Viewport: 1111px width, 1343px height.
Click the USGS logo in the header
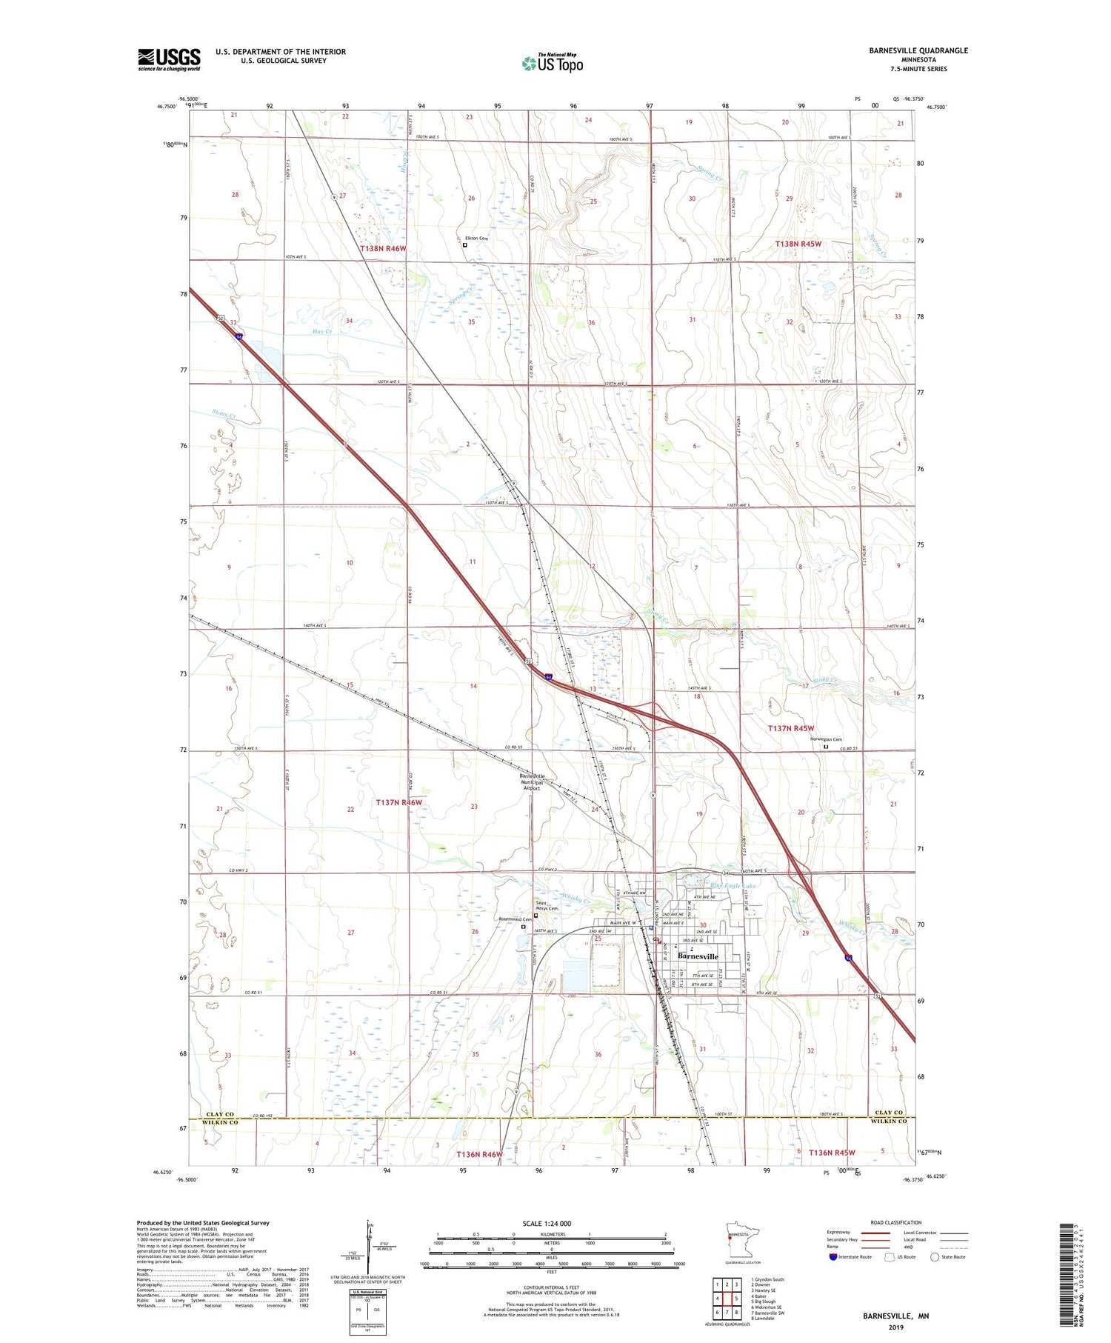tap(169, 59)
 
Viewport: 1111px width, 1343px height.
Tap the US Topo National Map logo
tap(552, 63)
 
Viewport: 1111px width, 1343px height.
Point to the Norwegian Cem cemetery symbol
tap(827, 747)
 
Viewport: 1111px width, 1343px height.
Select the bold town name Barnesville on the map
tap(698, 956)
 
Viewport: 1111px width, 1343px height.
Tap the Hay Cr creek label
tap(323, 332)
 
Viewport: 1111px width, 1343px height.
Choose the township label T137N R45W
tap(791, 729)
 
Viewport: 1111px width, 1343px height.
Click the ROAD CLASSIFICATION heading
tap(896, 1222)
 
